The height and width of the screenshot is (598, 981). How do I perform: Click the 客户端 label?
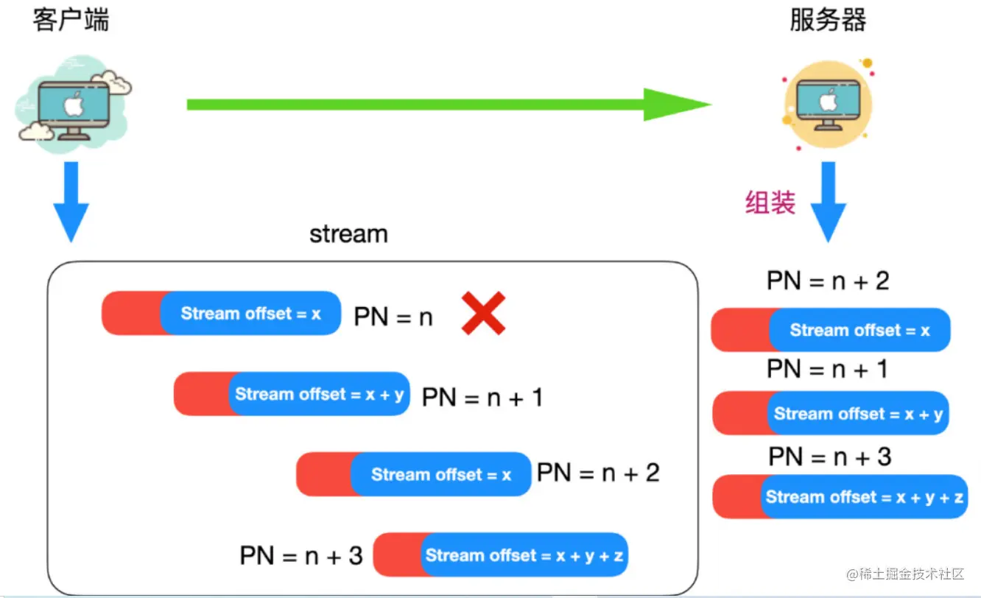tap(71, 21)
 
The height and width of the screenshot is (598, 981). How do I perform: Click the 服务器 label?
tap(828, 21)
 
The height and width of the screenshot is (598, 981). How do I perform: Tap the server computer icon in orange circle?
tap(828, 105)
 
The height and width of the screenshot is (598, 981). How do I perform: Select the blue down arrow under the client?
tap(71, 202)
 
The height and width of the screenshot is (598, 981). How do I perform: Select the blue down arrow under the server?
tap(829, 202)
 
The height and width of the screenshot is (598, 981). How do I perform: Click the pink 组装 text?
tap(770, 202)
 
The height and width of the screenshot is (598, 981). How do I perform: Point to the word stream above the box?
tap(348, 234)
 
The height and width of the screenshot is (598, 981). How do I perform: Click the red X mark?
tap(483, 313)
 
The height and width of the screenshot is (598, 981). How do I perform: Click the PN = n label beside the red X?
tap(393, 317)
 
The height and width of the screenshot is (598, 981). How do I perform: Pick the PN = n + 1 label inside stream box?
tap(482, 398)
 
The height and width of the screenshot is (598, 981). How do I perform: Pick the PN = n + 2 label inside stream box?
tap(598, 473)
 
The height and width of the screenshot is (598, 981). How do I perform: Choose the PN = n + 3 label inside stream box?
tap(301, 555)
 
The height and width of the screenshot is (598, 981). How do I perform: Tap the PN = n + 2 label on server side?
tap(828, 281)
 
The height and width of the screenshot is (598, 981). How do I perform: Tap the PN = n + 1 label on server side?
tap(828, 368)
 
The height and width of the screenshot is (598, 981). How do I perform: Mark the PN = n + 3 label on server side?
tap(830, 457)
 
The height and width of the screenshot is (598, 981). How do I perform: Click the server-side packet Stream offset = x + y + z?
tap(840, 497)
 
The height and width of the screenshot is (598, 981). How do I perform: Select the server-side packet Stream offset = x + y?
tap(831, 413)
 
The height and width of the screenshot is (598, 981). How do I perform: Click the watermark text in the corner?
tap(905, 574)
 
